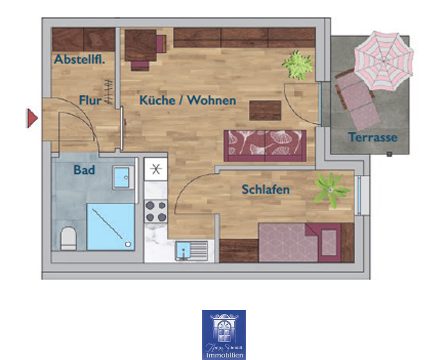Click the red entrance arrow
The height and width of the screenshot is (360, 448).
pos(31,118)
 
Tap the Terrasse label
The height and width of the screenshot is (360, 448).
pos(372,137)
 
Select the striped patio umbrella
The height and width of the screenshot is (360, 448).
pos(382,61)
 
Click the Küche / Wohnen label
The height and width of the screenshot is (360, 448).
pos(188,100)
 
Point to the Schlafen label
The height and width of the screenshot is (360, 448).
pos(266,189)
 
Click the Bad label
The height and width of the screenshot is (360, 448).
pos(84,170)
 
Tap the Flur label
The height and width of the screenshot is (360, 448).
pos(92,100)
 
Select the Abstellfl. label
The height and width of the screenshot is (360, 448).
pos(79,59)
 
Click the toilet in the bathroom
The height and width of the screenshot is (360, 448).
pos(68,239)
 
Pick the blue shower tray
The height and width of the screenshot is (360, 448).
pos(110,226)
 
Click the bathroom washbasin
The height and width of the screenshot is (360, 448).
pos(122,177)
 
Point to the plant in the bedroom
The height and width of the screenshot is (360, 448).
pos(332,189)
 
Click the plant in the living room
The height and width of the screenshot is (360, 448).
pos(298,65)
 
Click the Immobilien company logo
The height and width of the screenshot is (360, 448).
pos(224,334)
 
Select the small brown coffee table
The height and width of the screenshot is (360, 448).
pos(265,111)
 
